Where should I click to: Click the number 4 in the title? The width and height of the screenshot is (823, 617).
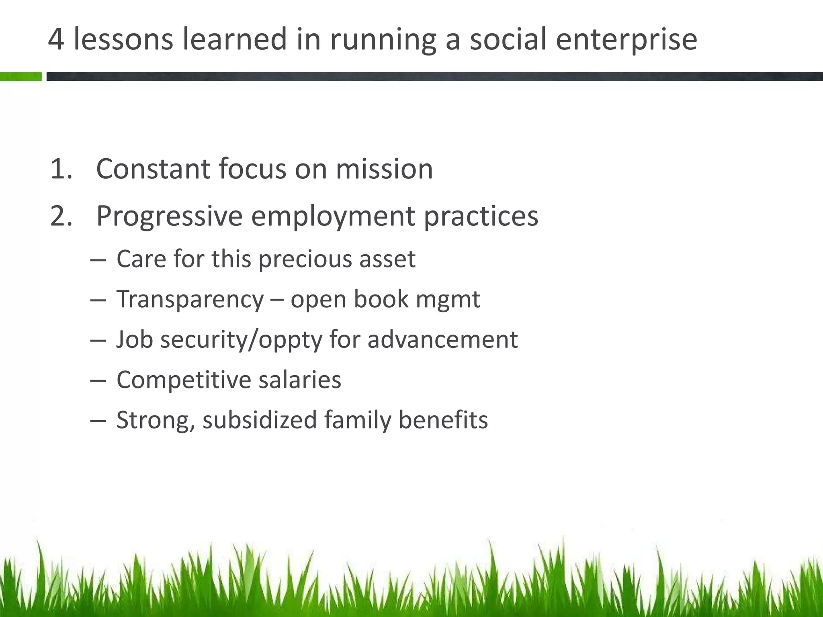pyautogui.click(x=56, y=39)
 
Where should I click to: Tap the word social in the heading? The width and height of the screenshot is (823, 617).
pyautogui.click(x=508, y=39)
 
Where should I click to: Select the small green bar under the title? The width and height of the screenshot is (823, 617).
pyautogui.click(x=20, y=76)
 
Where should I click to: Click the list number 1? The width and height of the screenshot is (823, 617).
pyautogui.click(x=61, y=169)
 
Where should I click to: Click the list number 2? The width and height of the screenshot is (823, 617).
pyautogui.click(x=61, y=216)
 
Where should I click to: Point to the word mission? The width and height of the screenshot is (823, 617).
pyautogui.click(x=384, y=169)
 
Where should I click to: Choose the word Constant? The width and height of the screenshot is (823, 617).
pyautogui.click(x=153, y=169)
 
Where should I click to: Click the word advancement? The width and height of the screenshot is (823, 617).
pyautogui.click(x=442, y=339)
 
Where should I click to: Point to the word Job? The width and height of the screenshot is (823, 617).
pyautogui.click(x=135, y=339)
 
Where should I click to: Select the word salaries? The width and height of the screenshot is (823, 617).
pyautogui.click(x=299, y=380)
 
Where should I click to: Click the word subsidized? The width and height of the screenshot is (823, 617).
pyautogui.click(x=260, y=420)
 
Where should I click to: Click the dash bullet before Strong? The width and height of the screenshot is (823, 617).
pyautogui.click(x=98, y=421)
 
